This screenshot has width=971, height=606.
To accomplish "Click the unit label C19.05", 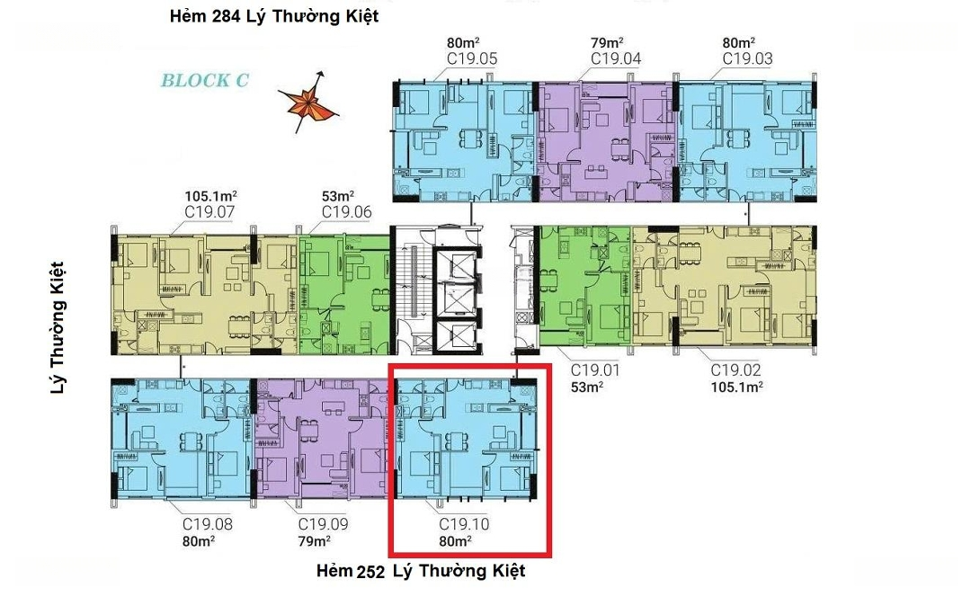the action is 472,59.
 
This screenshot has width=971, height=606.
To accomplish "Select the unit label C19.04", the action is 616,59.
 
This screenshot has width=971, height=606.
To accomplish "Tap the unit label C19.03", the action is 747,59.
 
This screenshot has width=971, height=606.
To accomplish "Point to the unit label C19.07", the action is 209,212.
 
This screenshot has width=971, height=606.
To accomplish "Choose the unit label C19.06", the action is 347,212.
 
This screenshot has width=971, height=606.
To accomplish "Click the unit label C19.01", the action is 594,370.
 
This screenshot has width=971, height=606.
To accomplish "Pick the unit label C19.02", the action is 735,370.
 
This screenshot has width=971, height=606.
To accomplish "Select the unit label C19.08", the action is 208,524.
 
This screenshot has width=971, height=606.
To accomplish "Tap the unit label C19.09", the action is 324,524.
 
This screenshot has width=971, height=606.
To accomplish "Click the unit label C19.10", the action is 464,524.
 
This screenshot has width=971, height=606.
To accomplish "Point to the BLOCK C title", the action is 205,80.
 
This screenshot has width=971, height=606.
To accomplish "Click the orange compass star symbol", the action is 307,102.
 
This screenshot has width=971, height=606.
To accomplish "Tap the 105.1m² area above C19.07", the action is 210,196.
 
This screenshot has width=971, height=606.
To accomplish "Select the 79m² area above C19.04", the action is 607,43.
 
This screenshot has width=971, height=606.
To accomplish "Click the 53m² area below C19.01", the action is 587,387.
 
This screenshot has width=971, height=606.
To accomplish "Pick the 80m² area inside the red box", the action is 455,541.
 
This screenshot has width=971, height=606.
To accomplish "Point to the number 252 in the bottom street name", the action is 370,572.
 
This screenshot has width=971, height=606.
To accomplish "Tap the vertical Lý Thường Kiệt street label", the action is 57,327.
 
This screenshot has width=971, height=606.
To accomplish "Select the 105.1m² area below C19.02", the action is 736,387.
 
